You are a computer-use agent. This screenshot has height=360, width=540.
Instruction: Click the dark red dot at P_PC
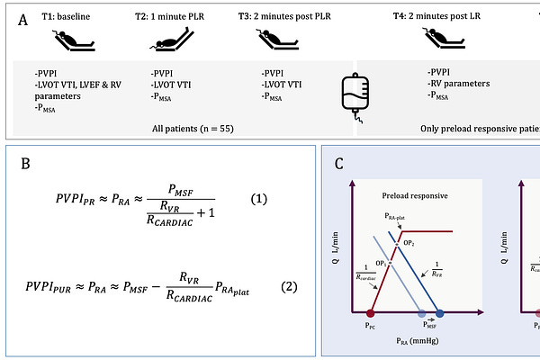(370, 313)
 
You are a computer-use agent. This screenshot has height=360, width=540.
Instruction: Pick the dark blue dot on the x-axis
(440, 313)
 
